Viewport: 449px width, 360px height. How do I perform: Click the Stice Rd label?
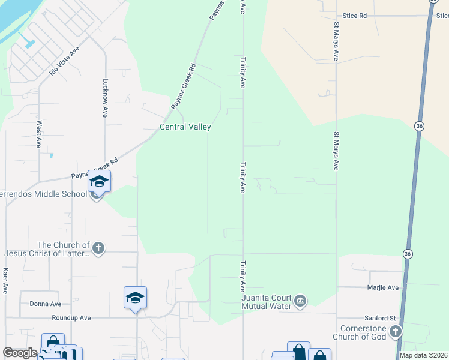click(354, 16)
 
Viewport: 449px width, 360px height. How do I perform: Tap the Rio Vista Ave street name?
click(64, 61)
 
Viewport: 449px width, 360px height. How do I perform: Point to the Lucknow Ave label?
click(105, 98)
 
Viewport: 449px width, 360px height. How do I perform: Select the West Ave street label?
click(39, 134)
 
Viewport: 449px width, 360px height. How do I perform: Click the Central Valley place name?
click(185, 127)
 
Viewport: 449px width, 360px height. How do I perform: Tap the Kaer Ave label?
click(5, 280)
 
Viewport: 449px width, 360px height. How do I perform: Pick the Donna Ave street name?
click(46, 304)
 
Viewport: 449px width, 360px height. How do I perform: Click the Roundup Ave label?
click(71, 317)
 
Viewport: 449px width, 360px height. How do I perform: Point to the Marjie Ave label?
click(383, 288)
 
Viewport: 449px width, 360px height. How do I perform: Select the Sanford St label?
click(381, 318)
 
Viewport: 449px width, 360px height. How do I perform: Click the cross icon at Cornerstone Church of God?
click(395, 331)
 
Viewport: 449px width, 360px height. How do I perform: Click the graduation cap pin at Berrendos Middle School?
click(99, 182)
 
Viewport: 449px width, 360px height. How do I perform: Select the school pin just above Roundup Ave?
click(135, 298)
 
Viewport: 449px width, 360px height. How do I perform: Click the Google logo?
click(20, 353)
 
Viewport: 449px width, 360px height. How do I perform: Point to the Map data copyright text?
click(424, 355)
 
